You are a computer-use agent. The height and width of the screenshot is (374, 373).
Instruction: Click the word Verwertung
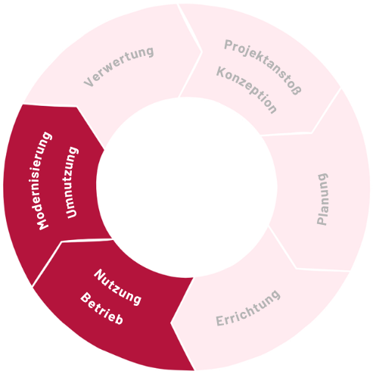[119, 67]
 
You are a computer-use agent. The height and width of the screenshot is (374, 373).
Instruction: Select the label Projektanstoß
[263, 67]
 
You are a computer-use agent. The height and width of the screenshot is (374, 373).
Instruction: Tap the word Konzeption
[247, 90]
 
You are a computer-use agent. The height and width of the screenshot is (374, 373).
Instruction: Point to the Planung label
[322, 199]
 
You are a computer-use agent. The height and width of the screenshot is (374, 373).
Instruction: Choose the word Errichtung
[248, 308]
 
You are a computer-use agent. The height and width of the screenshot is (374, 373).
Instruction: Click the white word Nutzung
[117, 287]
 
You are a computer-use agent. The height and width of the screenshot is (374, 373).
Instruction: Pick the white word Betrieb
[101, 308]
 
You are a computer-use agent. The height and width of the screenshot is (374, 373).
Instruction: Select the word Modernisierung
[44, 181]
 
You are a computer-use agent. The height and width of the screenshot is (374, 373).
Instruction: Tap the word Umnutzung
[71, 182]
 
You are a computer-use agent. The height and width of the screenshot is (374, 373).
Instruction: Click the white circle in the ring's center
[187, 187]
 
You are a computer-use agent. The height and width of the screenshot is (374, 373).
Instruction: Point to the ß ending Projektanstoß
[297, 90]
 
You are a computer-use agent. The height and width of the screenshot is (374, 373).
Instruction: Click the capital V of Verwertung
[89, 83]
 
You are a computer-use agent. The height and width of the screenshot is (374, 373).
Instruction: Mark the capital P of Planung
[322, 220]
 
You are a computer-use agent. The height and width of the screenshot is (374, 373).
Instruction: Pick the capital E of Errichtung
[220, 320]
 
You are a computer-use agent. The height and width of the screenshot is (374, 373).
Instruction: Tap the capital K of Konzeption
[221, 72]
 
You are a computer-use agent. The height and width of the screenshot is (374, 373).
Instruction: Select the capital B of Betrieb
[85, 298]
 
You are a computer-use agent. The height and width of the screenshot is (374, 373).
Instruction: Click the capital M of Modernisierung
[42, 223]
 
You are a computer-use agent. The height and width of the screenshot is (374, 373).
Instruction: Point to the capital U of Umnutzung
[71, 213]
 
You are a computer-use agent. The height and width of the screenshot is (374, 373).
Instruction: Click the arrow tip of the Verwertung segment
[202, 52]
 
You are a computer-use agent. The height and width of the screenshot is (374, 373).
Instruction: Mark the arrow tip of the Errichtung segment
[171, 323]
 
